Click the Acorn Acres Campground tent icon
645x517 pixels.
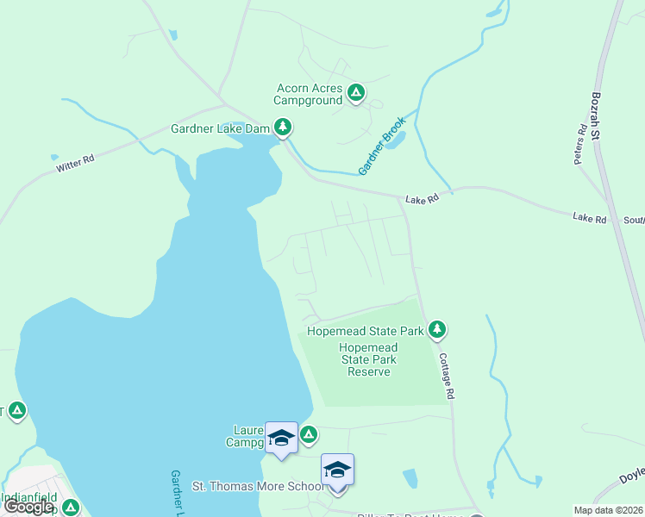click(356, 91)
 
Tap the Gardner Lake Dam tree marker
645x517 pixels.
click(282, 128)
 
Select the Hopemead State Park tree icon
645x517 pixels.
click(437, 329)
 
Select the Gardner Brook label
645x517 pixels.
click(382, 146)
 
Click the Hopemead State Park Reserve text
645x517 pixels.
click(369, 359)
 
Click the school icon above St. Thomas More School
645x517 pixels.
click(337, 470)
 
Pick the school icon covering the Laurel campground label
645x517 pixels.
click(281, 439)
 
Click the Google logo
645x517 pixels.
click(28, 507)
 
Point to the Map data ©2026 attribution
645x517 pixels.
click(608, 510)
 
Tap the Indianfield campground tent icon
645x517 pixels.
click(71, 508)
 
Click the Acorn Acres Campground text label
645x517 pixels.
click(309, 94)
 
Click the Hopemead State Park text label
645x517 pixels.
click(366, 330)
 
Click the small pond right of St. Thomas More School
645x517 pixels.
click(410, 478)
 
